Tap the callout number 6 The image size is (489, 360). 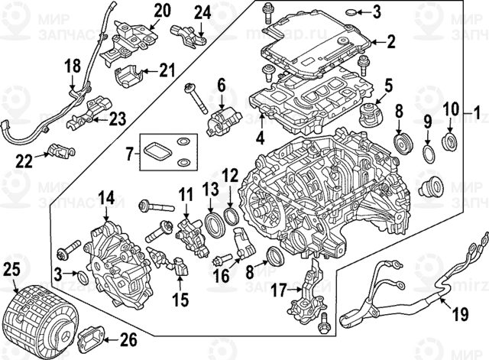tap(222, 84)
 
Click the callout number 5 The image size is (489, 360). tap(387, 85)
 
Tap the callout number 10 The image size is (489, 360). tap(451, 109)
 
